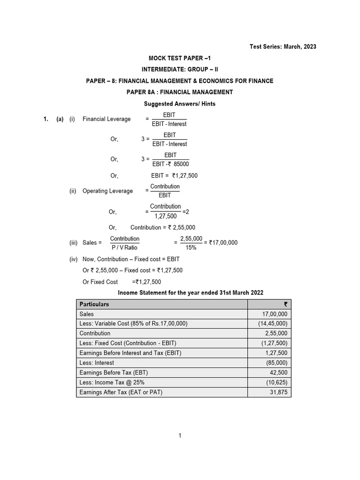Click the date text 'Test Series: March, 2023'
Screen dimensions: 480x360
click(x=283, y=46)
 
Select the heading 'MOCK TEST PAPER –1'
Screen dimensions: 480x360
click(x=180, y=59)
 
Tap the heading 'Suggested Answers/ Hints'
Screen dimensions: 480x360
click(x=180, y=104)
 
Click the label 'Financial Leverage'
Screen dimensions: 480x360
click(x=106, y=119)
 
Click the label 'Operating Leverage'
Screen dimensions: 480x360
click(x=107, y=191)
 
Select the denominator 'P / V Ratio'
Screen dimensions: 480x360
click(x=125, y=247)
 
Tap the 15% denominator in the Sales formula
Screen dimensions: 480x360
click(x=191, y=247)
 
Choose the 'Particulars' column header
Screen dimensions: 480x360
click(x=94, y=304)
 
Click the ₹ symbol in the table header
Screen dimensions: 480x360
click(x=285, y=304)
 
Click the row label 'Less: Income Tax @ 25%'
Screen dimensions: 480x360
click(x=112, y=382)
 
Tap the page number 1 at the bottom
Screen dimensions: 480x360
click(x=180, y=436)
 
